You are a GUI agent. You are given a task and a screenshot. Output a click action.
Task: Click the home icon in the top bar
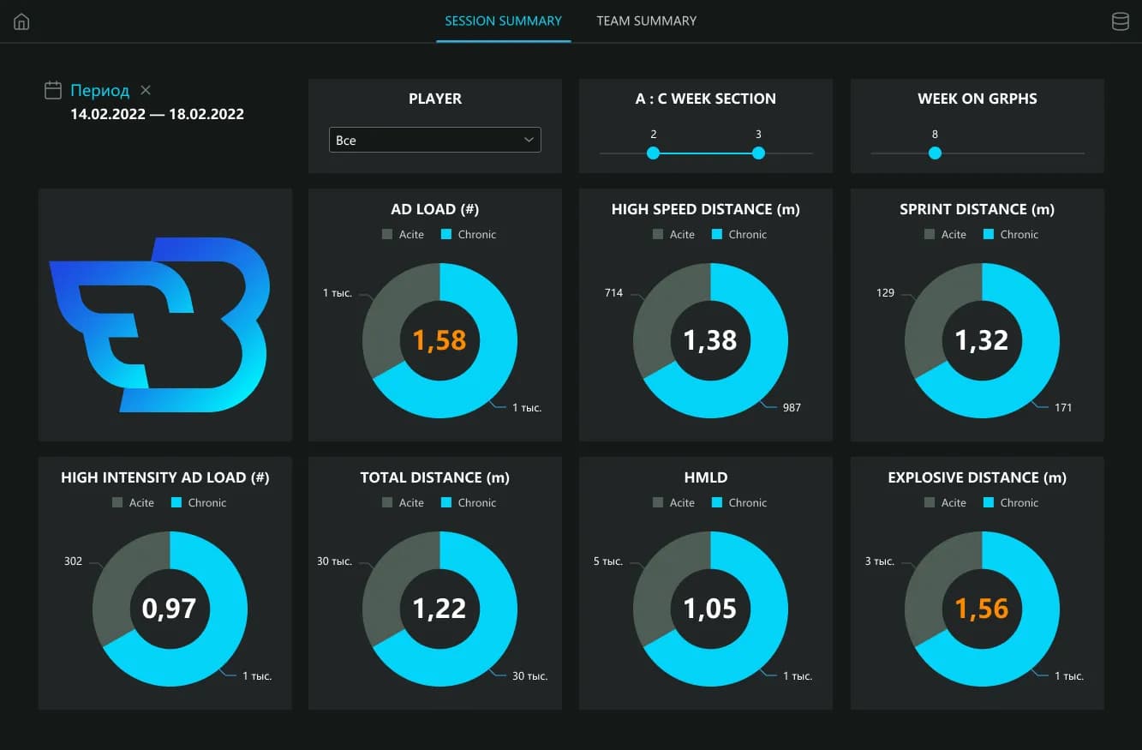pos(21,22)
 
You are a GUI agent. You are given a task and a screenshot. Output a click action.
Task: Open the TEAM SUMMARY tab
pos(647,21)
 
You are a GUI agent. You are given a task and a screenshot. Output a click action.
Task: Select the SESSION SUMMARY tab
pos(503,21)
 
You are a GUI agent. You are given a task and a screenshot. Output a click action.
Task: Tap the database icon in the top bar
pos(1120,22)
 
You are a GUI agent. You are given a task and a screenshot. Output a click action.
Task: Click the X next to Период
pos(146,90)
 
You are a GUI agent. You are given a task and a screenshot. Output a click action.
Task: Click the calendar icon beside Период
pos(53,90)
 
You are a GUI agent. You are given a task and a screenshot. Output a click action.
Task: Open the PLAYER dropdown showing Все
pos(434,140)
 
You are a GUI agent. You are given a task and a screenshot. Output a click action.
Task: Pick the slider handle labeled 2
pos(653,153)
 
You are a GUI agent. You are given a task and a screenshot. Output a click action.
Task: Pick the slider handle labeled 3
pos(758,153)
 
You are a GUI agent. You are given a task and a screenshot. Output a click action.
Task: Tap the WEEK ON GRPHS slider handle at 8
pos(935,153)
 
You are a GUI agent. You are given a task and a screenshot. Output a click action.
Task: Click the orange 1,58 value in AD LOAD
pos(439,340)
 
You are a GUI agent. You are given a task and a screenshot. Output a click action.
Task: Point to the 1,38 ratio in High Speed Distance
pos(710,340)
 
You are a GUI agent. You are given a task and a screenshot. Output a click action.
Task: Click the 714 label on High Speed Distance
pos(613,293)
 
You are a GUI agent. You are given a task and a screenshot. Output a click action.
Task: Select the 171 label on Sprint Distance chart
pos(1063,407)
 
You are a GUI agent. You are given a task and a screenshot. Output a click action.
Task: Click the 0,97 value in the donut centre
pos(170,609)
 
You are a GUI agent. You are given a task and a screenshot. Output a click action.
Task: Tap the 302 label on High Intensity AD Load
pos(73,561)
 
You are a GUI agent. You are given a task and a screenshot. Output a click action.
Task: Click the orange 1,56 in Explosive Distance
pos(982,609)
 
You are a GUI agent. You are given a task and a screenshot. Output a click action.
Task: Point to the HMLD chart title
pos(710,477)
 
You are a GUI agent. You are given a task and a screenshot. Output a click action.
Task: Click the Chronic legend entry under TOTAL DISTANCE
pos(469,502)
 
